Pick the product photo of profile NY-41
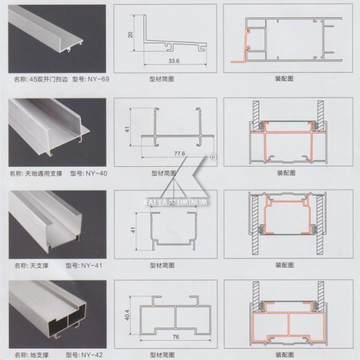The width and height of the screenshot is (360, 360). [x=53, y=223]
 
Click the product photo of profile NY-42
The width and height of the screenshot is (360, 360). [x=53, y=315]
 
